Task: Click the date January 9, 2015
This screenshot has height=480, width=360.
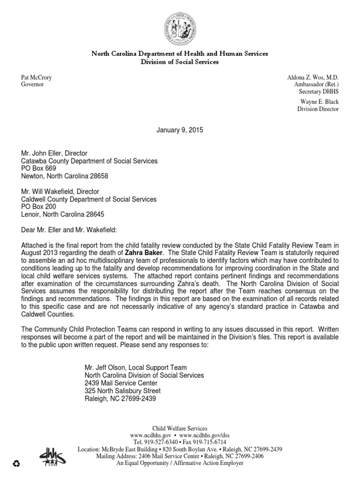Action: (x=180, y=129)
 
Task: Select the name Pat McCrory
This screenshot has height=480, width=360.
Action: (x=37, y=77)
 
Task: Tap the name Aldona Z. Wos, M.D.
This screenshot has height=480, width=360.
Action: (x=312, y=77)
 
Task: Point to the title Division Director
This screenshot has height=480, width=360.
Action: (x=318, y=109)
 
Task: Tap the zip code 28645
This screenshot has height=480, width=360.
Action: (x=94, y=214)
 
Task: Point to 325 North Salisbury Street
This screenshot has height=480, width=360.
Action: (x=122, y=391)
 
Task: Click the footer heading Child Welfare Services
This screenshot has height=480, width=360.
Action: (x=180, y=428)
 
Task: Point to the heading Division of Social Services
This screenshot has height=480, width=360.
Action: (x=180, y=62)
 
